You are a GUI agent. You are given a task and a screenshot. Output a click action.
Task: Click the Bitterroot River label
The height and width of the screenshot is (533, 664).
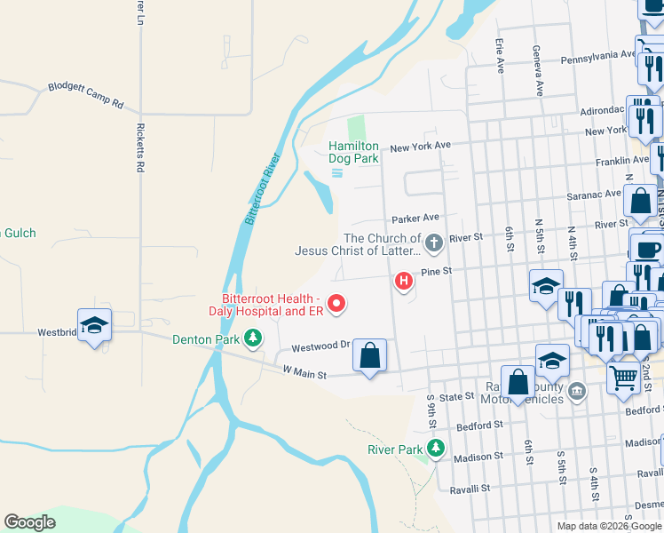(x=263, y=188)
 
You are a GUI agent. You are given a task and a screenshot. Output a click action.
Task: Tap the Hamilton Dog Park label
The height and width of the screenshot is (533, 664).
(x=354, y=152)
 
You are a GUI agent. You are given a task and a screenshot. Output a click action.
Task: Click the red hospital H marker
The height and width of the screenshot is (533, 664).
(x=404, y=282)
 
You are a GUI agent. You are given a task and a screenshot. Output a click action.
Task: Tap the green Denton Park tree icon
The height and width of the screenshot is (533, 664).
(x=254, y=338)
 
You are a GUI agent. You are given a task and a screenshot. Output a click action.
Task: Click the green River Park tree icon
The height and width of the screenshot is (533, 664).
(x=435, y=449)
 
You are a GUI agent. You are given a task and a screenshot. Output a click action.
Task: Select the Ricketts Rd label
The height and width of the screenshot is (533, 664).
(x=140, y=147)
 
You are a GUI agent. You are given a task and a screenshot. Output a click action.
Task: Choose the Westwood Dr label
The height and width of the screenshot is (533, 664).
(x=316, y=346)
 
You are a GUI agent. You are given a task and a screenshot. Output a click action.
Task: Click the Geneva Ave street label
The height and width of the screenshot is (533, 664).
(x=537, y=71)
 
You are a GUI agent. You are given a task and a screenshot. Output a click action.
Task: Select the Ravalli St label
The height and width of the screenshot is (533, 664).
(x=471, y=489)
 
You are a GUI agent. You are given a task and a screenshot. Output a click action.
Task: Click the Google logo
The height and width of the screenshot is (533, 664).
(x=29, y=522)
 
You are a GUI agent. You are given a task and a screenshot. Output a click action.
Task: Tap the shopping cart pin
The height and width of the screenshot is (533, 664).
(x=623, y=378)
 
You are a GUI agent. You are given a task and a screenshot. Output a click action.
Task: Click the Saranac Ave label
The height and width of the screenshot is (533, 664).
(x=595, y=194)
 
